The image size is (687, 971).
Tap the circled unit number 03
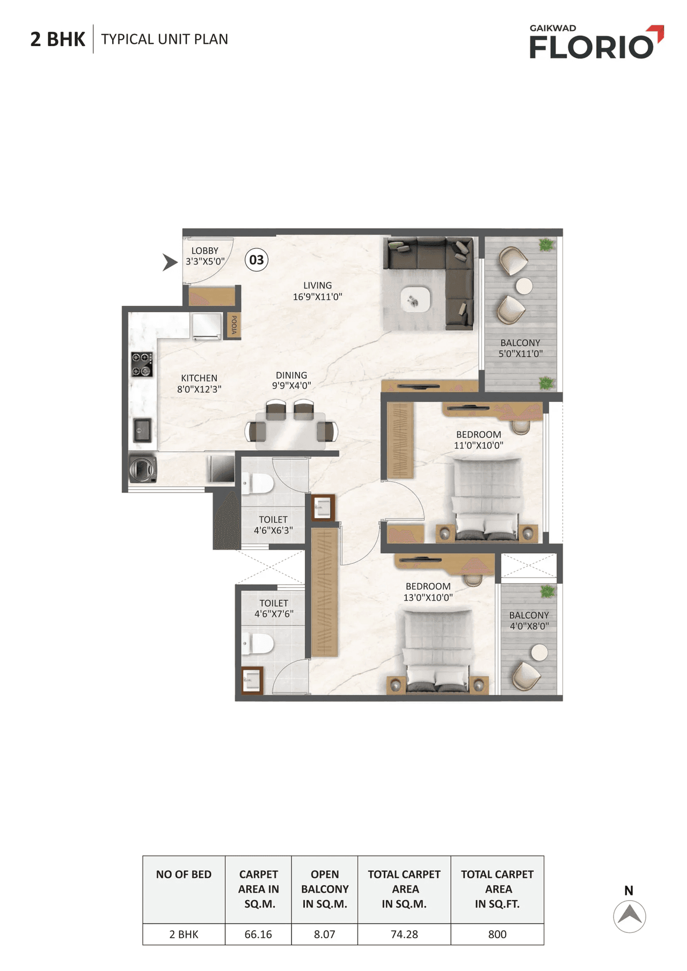point(257,260)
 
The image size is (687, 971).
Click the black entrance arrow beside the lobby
point(170,262)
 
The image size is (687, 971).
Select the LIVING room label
point(317,286)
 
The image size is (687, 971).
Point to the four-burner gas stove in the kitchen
point(142,364)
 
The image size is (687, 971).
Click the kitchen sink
point(142,430)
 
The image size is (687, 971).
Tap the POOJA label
point(234,325)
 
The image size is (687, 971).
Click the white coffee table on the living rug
point(415,299)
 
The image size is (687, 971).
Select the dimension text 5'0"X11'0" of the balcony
point(520,354)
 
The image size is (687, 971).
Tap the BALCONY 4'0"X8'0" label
point(529,621)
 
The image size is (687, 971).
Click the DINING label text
point(291,376)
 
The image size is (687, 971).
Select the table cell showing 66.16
point(258,934)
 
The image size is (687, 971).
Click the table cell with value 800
point(497,934)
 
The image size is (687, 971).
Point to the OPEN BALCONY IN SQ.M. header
point(324,889)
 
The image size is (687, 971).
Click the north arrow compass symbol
point(629,916)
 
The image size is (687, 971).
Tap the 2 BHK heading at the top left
point(57,39)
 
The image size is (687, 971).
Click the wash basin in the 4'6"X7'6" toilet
point(252,680)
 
